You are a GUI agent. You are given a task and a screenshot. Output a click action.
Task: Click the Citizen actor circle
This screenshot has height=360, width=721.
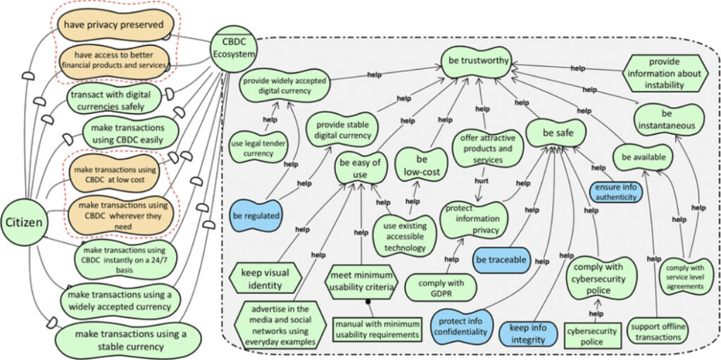tap(24, 223)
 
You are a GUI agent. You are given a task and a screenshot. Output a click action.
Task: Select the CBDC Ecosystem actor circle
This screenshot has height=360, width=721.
tap(232, 49)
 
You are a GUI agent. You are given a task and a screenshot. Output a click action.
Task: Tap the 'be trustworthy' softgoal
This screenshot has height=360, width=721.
tap(476, 61)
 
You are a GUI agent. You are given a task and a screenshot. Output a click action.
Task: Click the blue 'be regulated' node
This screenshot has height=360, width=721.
tap(257, 216)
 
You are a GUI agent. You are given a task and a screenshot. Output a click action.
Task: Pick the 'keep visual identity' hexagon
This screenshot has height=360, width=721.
tap(265, 278)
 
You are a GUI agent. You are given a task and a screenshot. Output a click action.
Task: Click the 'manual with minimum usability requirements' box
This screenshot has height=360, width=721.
tap(377, 329)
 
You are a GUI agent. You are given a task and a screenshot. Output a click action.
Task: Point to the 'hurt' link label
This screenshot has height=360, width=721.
tap(481, 181)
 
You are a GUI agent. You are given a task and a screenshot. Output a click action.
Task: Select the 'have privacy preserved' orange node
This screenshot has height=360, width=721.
tap(114, 25)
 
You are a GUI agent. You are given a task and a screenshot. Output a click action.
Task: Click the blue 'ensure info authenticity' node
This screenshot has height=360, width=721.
tap(616, 192)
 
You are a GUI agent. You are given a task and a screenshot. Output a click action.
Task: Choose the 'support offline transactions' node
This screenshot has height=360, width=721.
tap(658, 331)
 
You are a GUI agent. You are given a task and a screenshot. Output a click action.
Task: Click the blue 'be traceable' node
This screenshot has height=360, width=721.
tap(501, 260)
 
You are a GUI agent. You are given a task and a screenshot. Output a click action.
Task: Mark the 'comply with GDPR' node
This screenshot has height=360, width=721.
tap(441, 287)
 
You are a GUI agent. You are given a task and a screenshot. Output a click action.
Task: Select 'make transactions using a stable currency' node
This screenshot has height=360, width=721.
tap(130, 341)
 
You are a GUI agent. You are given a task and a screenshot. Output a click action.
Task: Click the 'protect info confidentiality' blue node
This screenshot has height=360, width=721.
tap(462, 326)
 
